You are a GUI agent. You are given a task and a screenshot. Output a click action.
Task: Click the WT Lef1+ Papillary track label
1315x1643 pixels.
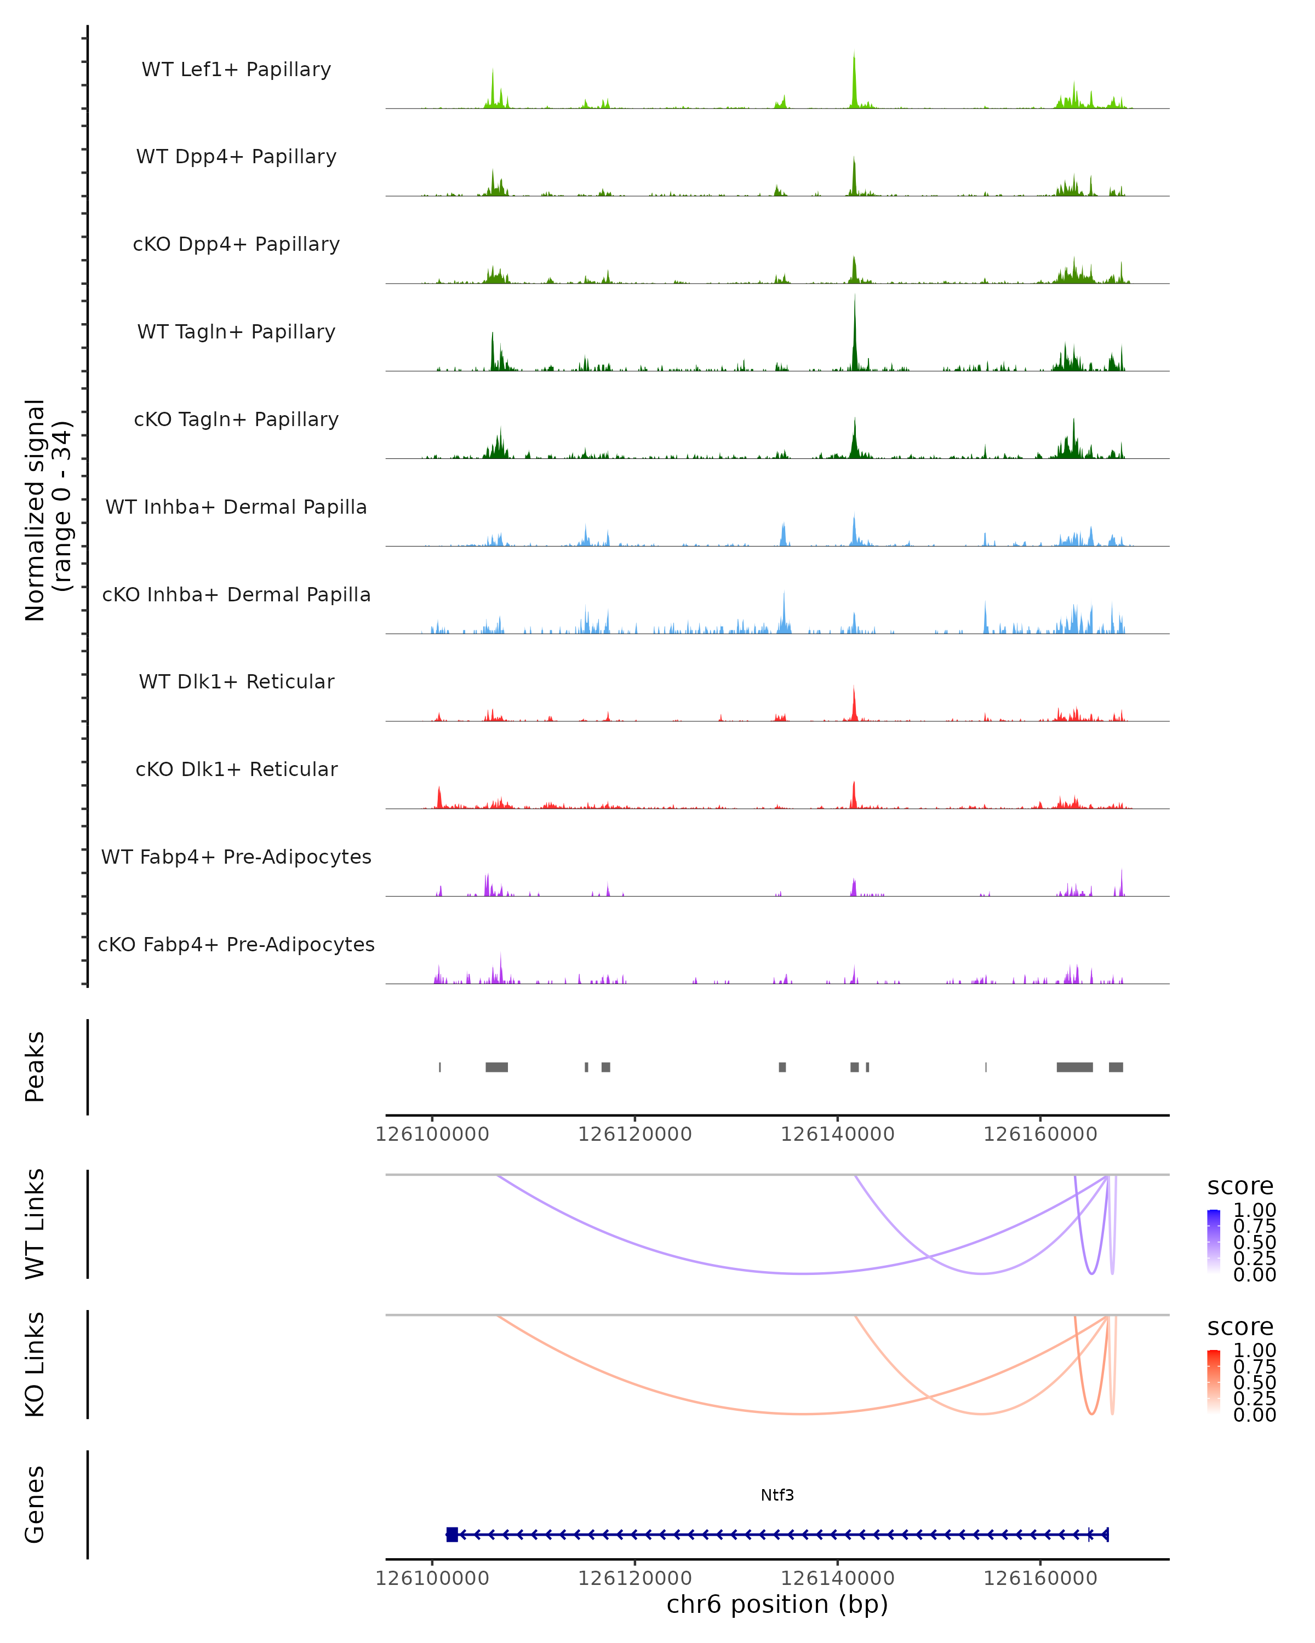click(236, 70)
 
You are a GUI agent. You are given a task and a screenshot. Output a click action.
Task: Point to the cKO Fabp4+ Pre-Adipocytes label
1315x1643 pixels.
click(236, 944)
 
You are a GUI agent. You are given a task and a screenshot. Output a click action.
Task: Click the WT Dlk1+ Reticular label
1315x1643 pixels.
click(236, 682)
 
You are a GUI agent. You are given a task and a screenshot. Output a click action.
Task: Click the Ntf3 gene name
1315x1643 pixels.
click(777, 1495)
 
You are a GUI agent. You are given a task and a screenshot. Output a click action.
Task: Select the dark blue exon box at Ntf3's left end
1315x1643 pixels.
click(452, 1535)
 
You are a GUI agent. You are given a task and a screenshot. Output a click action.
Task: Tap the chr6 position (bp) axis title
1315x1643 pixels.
click(777, 1604)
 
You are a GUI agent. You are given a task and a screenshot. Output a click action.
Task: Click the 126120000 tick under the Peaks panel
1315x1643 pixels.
click(634, 1134)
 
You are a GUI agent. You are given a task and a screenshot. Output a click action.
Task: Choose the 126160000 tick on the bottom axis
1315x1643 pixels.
click(1040, 1578)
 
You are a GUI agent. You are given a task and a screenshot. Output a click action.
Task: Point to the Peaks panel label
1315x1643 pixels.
click(35, 1067)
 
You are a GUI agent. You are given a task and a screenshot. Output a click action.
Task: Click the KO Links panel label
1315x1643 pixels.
click(35, 1364)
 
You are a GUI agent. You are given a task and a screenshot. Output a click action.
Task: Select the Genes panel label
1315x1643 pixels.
click(35, 1505)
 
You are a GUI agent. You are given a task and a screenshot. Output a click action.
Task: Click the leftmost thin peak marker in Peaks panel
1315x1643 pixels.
click(440, 1067)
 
